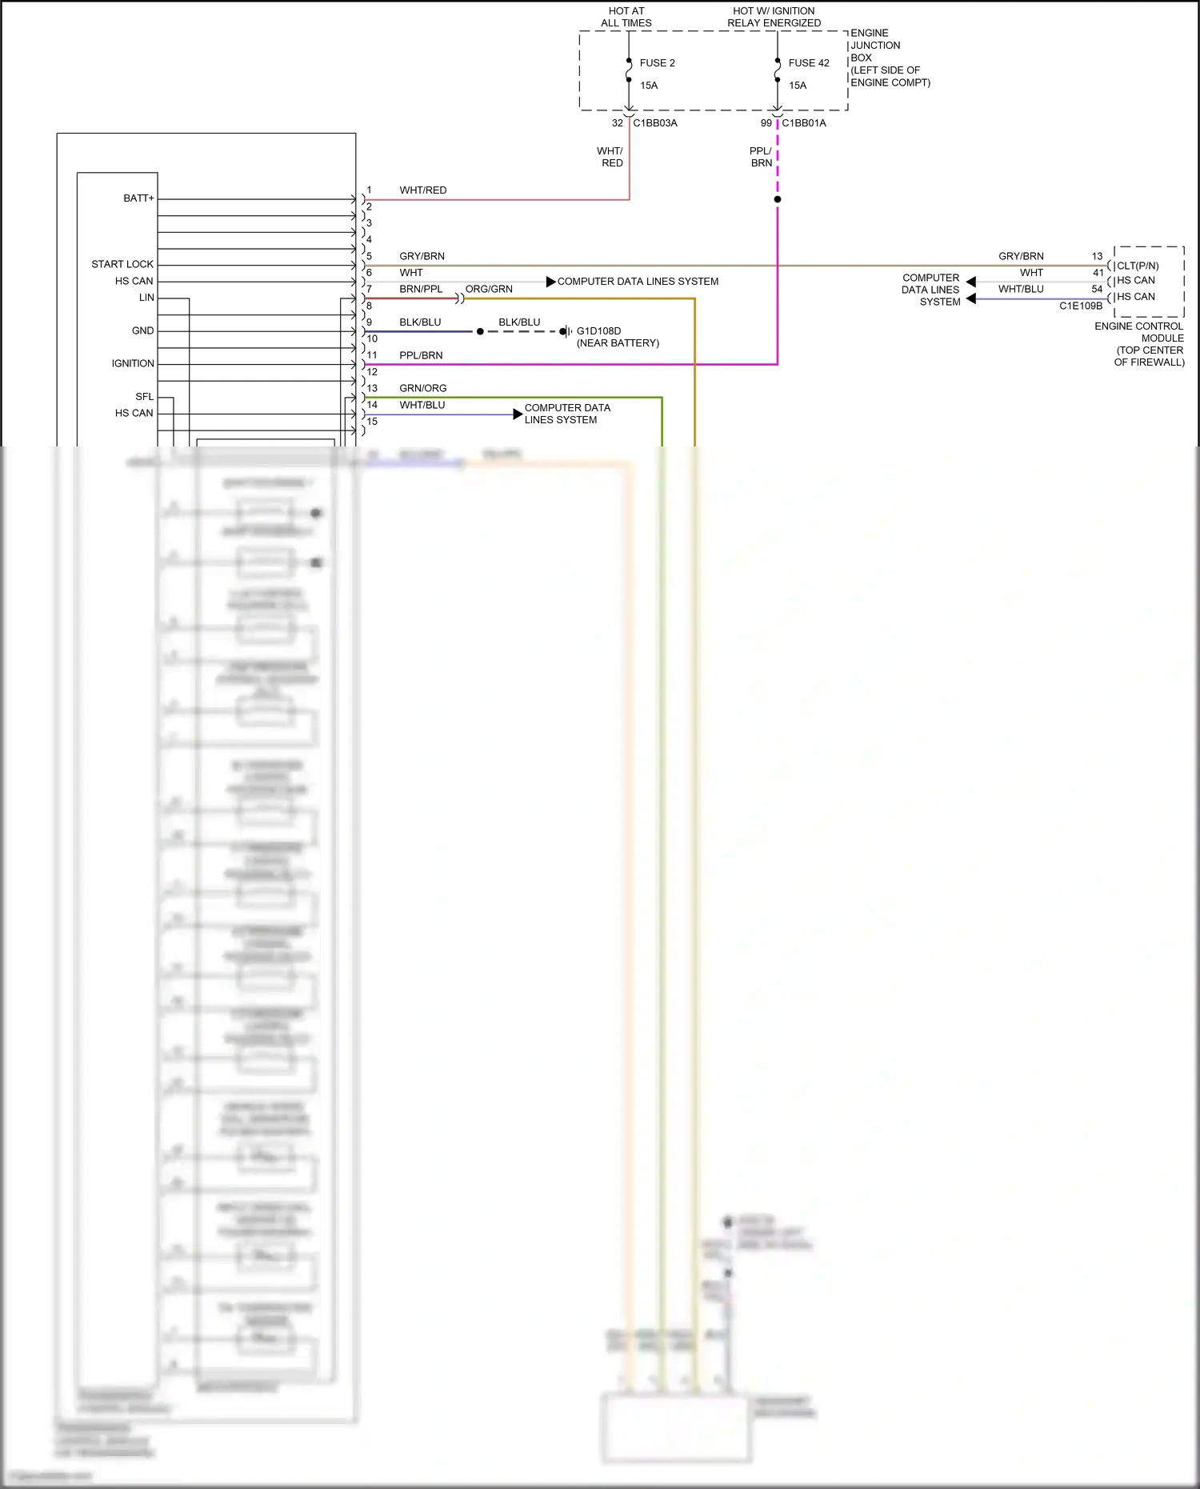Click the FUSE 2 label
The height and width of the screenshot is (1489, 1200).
657,63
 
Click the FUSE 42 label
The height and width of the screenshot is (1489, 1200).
808,63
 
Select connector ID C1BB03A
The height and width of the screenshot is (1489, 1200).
654,123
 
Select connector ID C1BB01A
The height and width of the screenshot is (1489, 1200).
803,123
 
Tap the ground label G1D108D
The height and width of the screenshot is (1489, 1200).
598,331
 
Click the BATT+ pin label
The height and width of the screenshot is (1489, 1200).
138,198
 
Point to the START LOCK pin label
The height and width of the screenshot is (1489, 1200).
122,264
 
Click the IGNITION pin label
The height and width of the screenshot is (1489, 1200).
133,363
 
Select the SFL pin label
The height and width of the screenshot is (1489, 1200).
144,397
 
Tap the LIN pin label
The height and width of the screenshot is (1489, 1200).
146,298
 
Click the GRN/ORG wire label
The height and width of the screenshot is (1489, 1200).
422,388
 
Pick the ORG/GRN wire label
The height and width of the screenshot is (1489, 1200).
489,289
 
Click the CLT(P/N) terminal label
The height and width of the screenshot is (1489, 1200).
1138,266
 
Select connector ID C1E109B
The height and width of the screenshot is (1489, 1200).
1080,306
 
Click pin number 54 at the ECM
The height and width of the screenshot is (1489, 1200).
1097,289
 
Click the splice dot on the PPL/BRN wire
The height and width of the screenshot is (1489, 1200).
778,199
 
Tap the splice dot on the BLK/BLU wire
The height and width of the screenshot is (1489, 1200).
480,331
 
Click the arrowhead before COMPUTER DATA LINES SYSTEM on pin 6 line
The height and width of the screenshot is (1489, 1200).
550,282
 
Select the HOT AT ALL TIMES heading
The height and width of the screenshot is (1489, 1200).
626,17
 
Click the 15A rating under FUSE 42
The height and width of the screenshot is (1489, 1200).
798,86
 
